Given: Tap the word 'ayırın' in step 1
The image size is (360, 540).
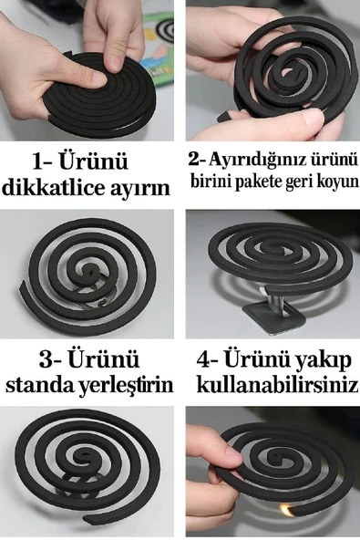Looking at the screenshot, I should pos(140,190).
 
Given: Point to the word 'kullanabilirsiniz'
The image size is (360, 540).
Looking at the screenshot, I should pos(277,385).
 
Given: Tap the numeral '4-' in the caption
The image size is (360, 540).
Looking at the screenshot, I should pos(212,358).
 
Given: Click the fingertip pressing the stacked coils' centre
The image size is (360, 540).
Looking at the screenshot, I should pos(115,60).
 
